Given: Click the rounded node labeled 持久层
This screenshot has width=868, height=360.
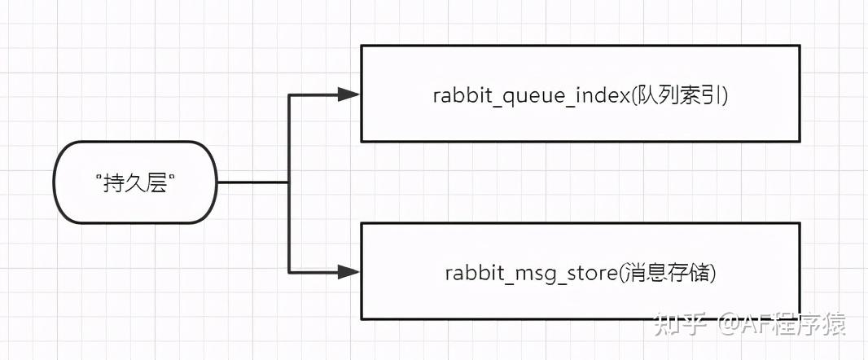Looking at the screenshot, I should (x=135, y=182).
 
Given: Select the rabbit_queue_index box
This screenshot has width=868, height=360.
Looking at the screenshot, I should (x=580, y=94).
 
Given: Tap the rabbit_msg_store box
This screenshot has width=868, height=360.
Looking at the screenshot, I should (x=580, y=273).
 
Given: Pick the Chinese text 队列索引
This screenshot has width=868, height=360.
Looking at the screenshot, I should (x=691, y=94).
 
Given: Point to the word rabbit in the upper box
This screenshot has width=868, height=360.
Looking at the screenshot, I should (x=459, y=94).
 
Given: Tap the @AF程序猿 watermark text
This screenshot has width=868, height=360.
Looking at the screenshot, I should (x=782, y=324).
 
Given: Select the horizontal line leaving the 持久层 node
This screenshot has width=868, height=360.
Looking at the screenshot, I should (x=252, y=182).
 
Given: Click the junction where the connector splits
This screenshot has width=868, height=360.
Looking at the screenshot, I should (x=289, y=182).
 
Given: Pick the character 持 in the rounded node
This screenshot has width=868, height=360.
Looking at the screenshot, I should (x=113, y=183).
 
